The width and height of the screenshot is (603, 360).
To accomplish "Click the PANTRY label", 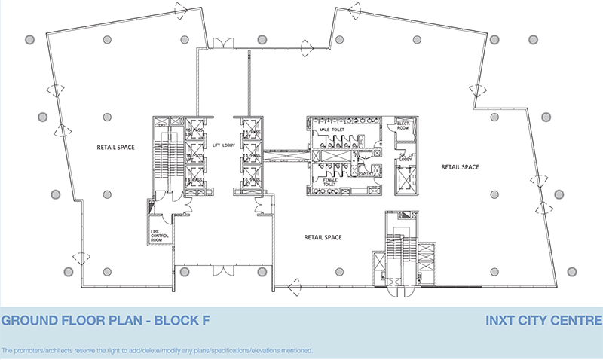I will pos(368,173).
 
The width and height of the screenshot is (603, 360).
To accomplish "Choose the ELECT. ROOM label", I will pos(403,125).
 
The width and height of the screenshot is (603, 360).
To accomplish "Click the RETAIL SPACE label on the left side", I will pos(115,147).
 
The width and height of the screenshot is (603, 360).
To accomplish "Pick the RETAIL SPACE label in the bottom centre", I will pos(323,237).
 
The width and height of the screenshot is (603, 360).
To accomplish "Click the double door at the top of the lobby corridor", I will pos(223,44).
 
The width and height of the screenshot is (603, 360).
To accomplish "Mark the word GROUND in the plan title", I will pos(28,321).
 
